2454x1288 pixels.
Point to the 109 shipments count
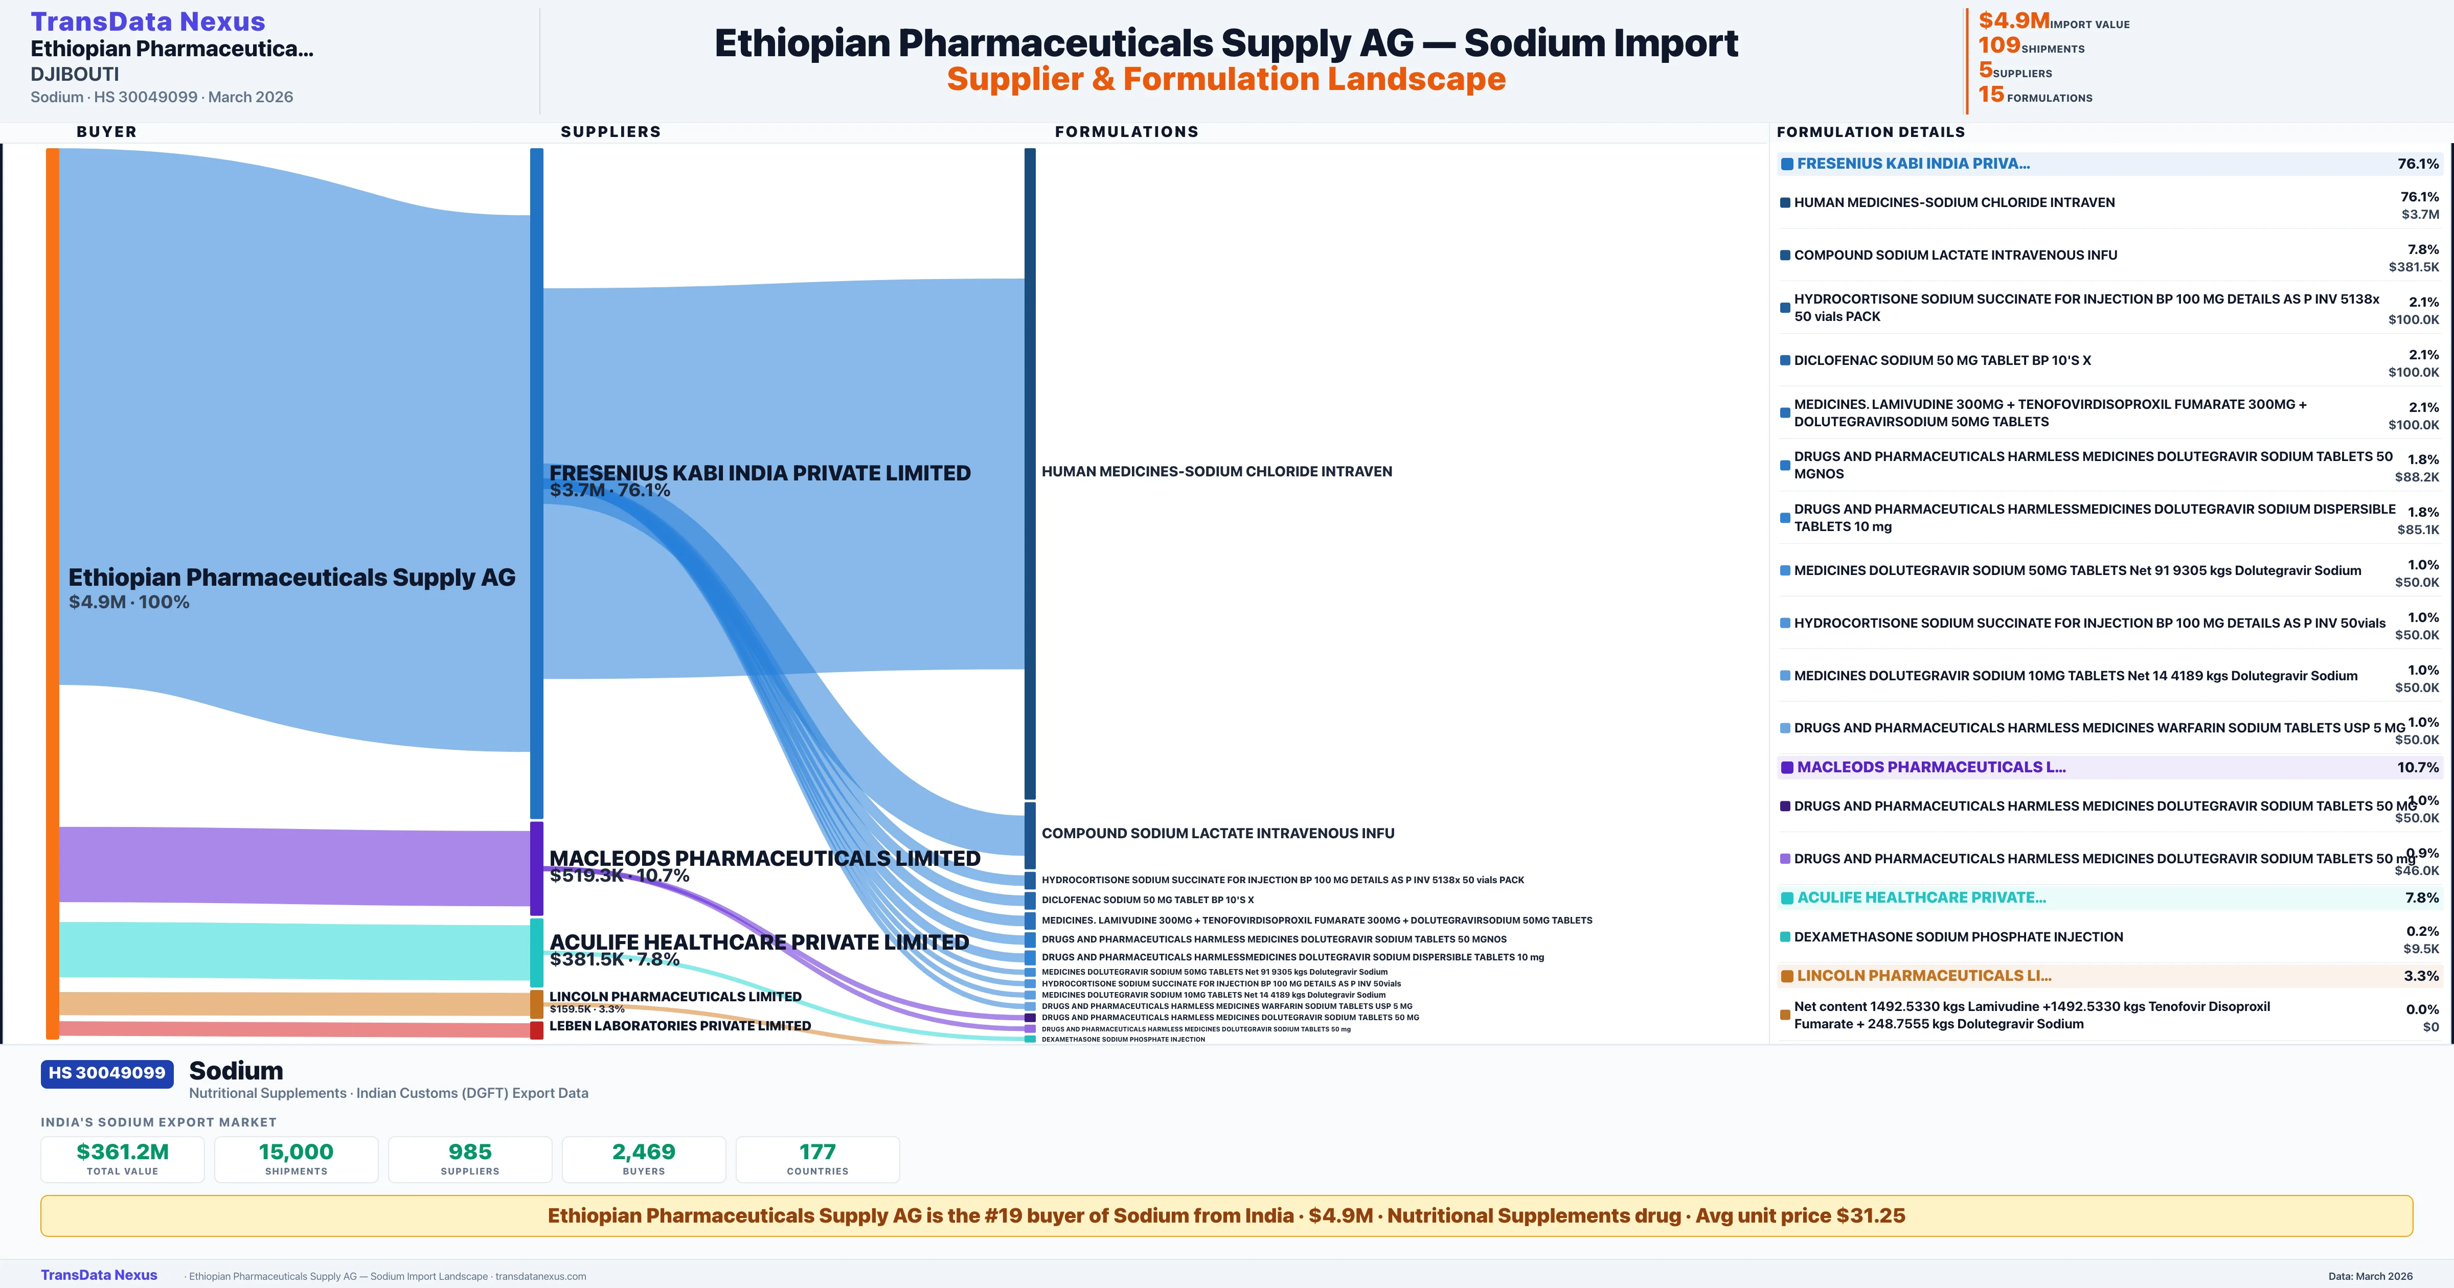coord(1998,45)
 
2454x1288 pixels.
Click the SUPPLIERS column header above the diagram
coord(610,131)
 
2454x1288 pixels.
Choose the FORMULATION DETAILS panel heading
coord(1870,131)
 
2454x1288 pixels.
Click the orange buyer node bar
coord(52,591)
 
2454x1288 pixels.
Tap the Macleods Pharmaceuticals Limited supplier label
coord(764,858)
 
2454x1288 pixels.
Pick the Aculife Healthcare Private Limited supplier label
coord(758,942)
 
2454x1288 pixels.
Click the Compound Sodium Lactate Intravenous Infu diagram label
coord(1217,833)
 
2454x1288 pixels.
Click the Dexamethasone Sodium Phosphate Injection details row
coord(1958,936)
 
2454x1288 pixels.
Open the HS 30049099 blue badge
coord(107,1073)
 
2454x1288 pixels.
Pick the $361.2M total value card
coord(123,1159)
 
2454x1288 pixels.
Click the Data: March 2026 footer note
coord(2369,1276)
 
